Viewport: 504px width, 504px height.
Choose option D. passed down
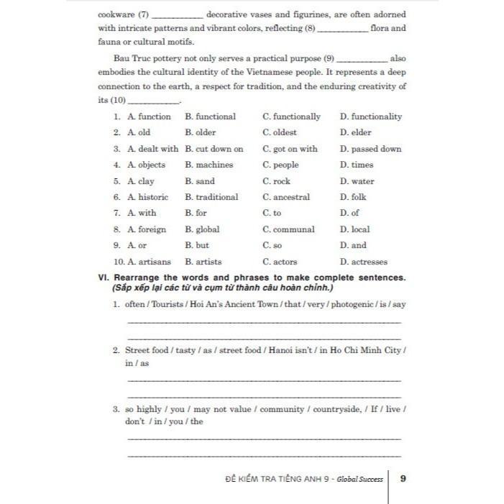tap(371, 149)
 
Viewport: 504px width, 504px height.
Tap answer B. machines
tap(209, 165)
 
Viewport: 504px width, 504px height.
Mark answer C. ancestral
tap(286, 197)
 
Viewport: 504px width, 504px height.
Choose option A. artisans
tap(150, 262)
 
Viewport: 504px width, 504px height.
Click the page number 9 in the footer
tap(403, 478)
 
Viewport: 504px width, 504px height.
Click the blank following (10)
tap(154, 102)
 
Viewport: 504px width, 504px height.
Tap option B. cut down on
tap(214, 149)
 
